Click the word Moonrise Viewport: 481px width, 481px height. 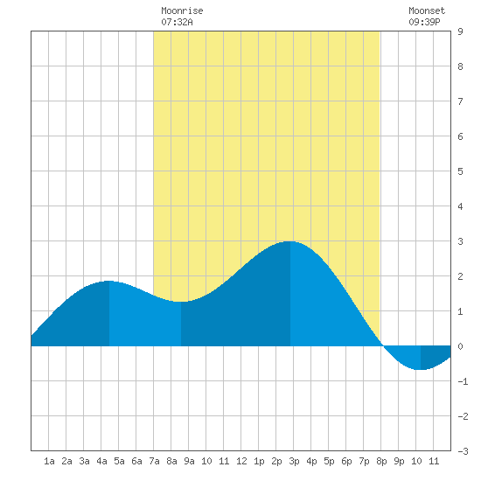[x=182, y=10]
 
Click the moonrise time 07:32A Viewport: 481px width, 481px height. [x=177, y=22]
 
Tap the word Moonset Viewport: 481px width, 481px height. [x=427, y=10]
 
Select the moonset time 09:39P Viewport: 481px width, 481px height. [x=424, y=22]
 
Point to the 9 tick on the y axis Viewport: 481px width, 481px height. [x=460, y=31]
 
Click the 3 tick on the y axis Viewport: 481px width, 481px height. [x=460, y=241]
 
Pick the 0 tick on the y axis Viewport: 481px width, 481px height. [x=460, y=346]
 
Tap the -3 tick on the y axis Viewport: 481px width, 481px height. [x=463, y=451]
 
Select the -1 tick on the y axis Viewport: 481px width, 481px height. [x=463, y=381]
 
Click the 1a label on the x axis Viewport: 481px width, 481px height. [x=49, y=461]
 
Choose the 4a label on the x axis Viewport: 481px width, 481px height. [x=101, y=461]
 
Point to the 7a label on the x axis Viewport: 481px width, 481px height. [x=154, y=461]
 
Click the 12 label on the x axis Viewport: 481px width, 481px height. [x=241, y=461]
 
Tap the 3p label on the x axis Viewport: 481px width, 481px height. [x=294, y=461]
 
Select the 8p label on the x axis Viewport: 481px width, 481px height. [x=381, y=461]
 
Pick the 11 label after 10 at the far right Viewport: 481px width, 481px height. [x=434, y=461]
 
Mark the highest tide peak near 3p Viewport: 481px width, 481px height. [x=290, y=241]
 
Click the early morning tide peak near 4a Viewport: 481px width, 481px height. [x=109, y=281]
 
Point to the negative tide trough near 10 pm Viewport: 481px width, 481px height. [x=421, y=369]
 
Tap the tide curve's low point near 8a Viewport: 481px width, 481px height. [x=181, y=302]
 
